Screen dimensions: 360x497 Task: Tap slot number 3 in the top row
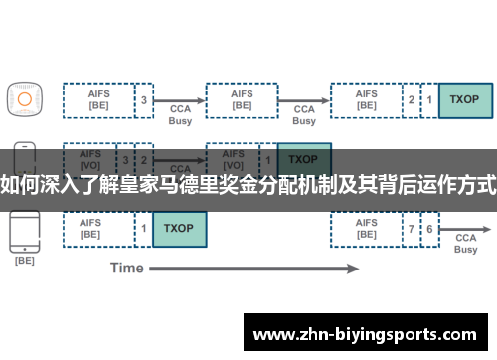coord(145,100)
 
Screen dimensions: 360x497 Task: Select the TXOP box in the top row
coord(464,100)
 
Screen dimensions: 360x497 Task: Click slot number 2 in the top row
coord(412,100)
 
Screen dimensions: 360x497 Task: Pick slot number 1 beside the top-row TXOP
coord(430,100)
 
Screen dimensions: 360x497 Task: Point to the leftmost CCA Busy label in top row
coord(180,114)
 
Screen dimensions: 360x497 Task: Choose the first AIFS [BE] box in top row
coord(98,100)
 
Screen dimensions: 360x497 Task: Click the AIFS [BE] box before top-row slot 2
coord(367,100)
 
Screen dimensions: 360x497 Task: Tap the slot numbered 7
coord(412,229)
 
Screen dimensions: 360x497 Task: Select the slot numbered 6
coord(430,229)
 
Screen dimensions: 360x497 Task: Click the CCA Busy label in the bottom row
coord(465,243)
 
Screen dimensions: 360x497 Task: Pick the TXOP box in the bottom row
coord(179,229)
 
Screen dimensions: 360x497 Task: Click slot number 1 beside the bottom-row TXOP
coord(145,229)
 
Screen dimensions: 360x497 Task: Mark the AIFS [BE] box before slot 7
coord(367,229)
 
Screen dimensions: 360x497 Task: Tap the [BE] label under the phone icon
coord(24,262)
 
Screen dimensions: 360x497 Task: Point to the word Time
coord(127,268)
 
